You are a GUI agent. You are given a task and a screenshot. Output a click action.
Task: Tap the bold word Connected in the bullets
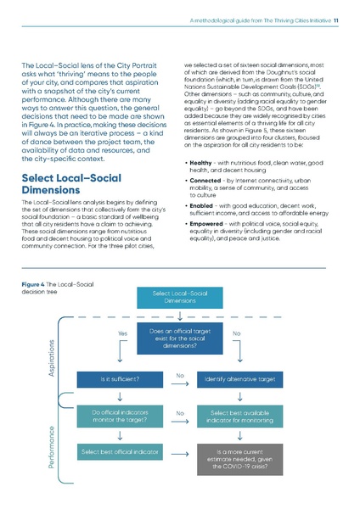207,182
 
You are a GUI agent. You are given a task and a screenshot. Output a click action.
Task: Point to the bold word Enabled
204,206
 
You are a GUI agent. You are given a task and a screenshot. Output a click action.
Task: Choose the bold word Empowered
210,225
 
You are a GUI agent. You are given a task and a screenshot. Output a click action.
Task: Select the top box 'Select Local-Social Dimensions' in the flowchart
179,296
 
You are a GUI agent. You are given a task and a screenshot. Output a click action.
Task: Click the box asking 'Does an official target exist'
179,340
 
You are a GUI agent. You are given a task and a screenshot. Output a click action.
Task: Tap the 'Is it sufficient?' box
119,379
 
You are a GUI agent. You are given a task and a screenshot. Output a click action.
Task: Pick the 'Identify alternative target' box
240,379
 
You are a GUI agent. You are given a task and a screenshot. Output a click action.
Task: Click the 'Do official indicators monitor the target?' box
119,416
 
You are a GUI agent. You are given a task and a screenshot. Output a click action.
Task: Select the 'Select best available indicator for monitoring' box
240,416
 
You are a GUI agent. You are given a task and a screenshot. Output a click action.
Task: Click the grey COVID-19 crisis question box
240,459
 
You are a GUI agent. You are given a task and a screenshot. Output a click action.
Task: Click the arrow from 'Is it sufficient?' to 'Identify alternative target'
179,383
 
